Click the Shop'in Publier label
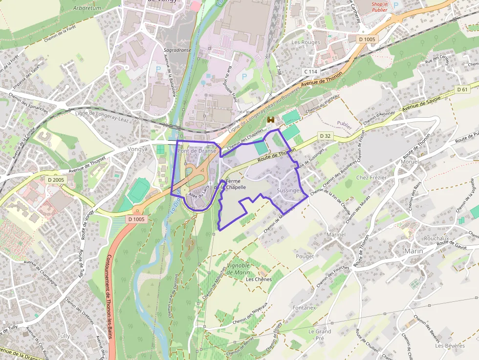coord(379,7)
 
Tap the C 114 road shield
coord(311,72)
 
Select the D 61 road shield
coord(462,89)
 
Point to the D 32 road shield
coord(325,135)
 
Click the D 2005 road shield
coord(56,180)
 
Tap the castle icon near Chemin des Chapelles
coord(271,120)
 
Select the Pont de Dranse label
coord(197,151)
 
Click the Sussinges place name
coord(289,191)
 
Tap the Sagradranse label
coord(177,50)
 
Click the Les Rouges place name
coord(305,42)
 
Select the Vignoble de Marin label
coord(239,269)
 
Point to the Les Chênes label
coord(259,279)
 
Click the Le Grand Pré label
coord(320,334)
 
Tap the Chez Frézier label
coord(371,177)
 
